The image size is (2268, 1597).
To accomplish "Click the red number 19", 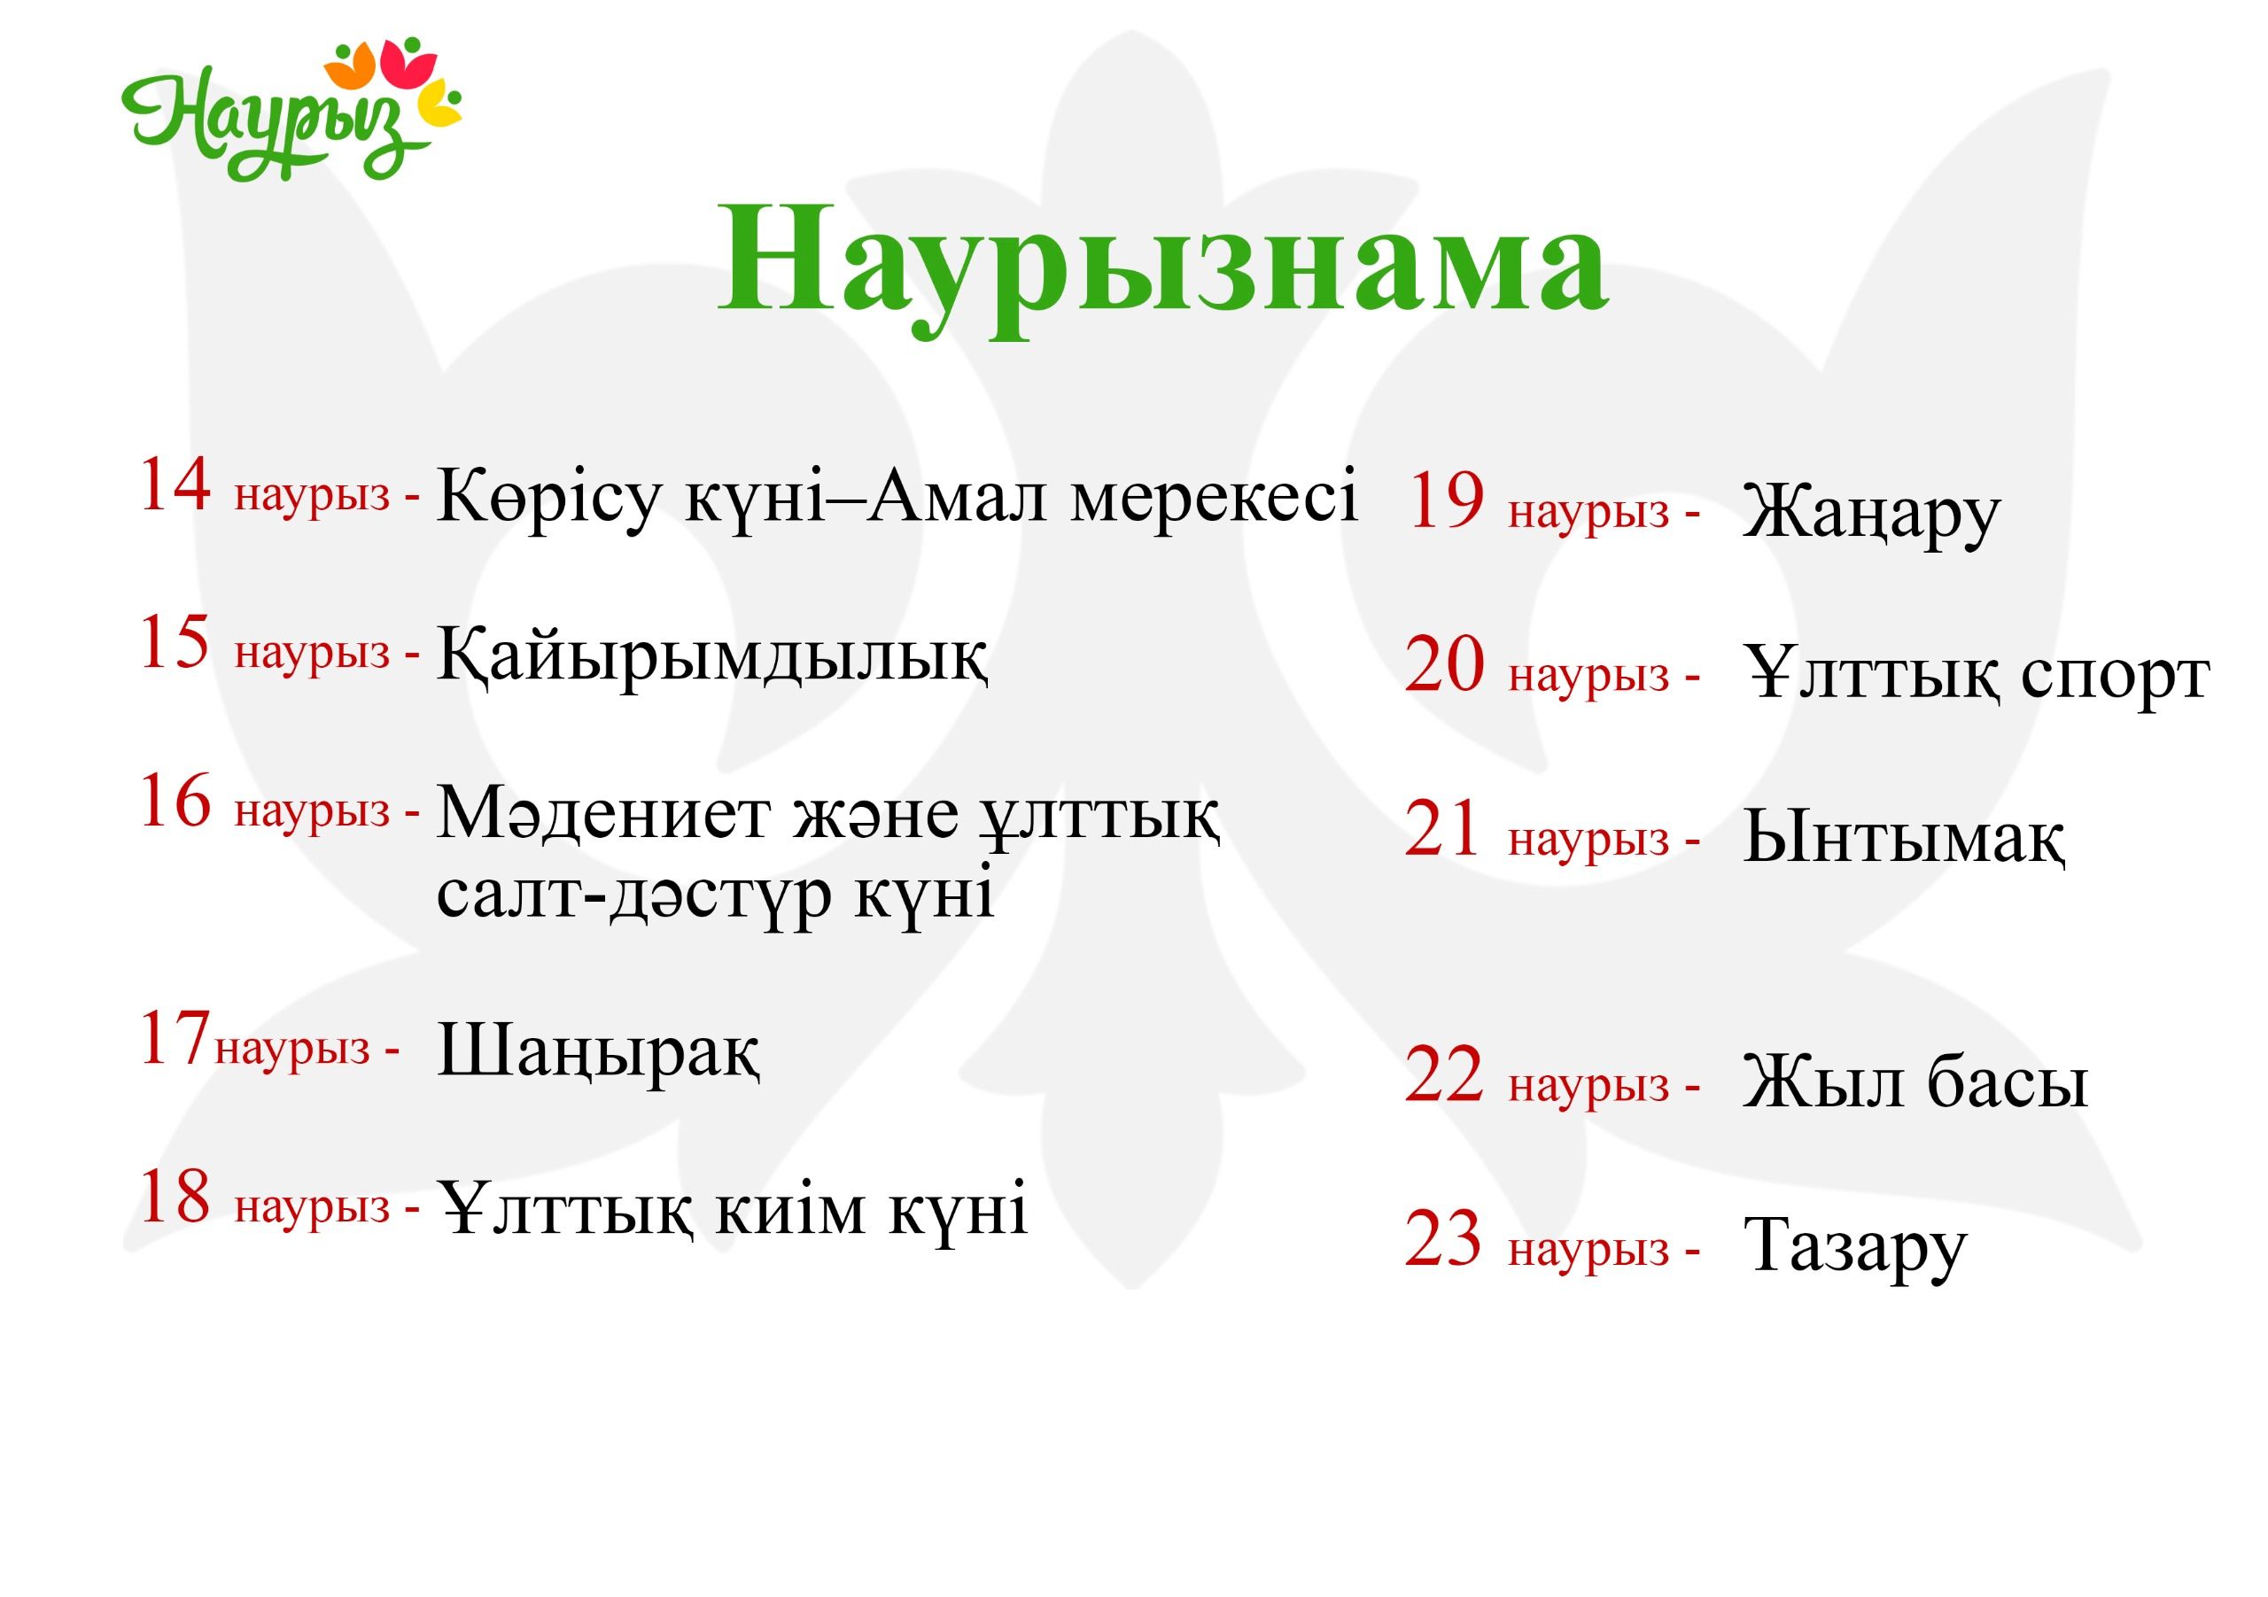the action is pyautogui.click(x=1445, y=500).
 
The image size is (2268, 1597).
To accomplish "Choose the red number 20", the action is pyautogui.click(x=1445, y=664).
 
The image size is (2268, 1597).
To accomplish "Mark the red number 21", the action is pyautogui.click(x=1443, y=829).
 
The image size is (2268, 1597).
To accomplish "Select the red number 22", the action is pyautogui.click(x=1445, y=1074).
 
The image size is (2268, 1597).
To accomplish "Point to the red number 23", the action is pyautogui.click(x=1444, y=1238).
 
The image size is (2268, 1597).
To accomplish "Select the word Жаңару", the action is pyautogui.click(x=1871, y=514).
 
